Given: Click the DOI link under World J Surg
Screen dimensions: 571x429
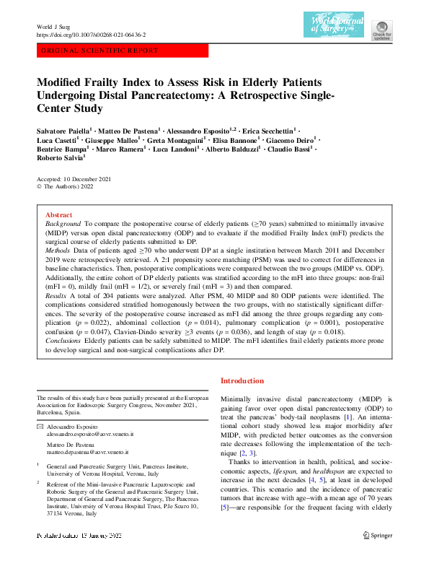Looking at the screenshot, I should click(x=91, y=35).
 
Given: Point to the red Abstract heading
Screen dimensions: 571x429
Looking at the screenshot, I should click(x=58, y=215).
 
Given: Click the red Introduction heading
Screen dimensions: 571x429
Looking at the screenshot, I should click(x=242, y=380).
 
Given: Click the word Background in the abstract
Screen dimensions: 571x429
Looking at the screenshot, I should click(x=63, y=226).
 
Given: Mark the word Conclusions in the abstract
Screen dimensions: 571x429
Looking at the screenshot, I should click(x=64, y=339).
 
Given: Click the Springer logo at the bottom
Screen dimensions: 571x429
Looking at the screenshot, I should click(x=377, y=555).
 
